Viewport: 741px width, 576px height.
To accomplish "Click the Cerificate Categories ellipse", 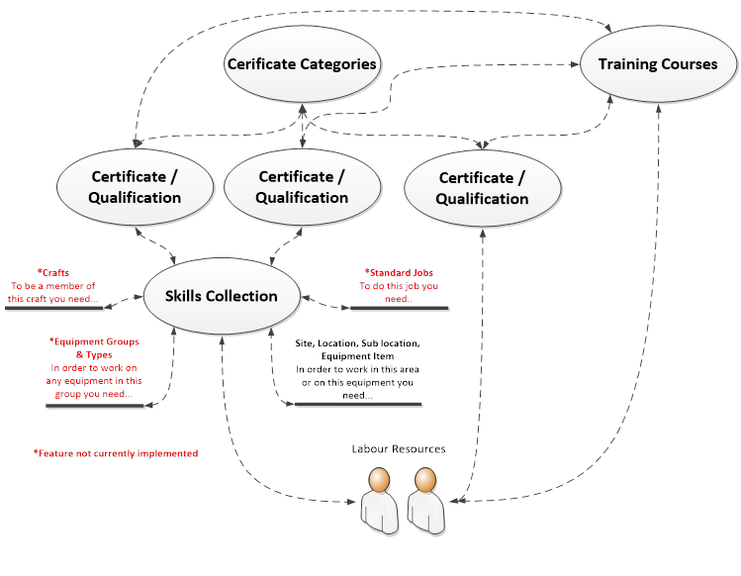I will (x=302, y=64).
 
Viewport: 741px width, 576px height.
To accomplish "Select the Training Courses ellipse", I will (x=658, y=64).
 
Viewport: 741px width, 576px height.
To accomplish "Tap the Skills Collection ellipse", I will (x=222, y=295).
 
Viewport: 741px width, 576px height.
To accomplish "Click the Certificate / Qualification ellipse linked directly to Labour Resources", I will (x=483, y=188).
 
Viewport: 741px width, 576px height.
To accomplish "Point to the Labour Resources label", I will (x=399, y=448).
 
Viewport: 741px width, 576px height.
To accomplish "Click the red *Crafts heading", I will (x=53, y=272).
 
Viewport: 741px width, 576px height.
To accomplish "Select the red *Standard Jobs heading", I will (x=400, y=272).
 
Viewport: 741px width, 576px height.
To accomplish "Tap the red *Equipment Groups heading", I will (x=94, y=341).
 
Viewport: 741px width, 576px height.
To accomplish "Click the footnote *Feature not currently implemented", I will (x=116, y=453).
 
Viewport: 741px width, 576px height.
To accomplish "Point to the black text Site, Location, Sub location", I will (x=358, y=343).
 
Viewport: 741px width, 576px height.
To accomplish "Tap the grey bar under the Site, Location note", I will (x=359, y=404).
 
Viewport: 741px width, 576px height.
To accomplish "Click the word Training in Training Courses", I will (x=629, y=64).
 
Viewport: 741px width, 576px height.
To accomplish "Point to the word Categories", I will (x=338, y=64).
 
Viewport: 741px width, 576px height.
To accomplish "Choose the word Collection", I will (x=242, y=295).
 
